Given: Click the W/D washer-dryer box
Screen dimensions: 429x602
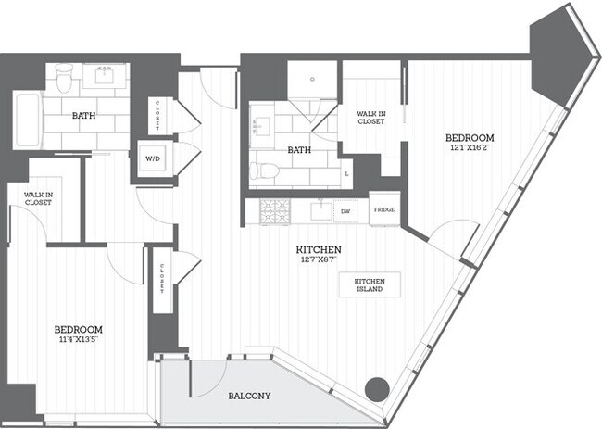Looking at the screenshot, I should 151,158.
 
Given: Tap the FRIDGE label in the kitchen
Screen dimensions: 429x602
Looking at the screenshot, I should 384,209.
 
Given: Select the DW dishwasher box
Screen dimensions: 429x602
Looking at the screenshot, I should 345,210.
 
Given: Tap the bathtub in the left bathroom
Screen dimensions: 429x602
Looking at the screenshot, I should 25,118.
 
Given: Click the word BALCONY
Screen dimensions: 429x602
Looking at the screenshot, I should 249,397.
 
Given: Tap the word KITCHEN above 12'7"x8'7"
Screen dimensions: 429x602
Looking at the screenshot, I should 320,250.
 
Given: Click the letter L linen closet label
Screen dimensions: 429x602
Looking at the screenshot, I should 346,173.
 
